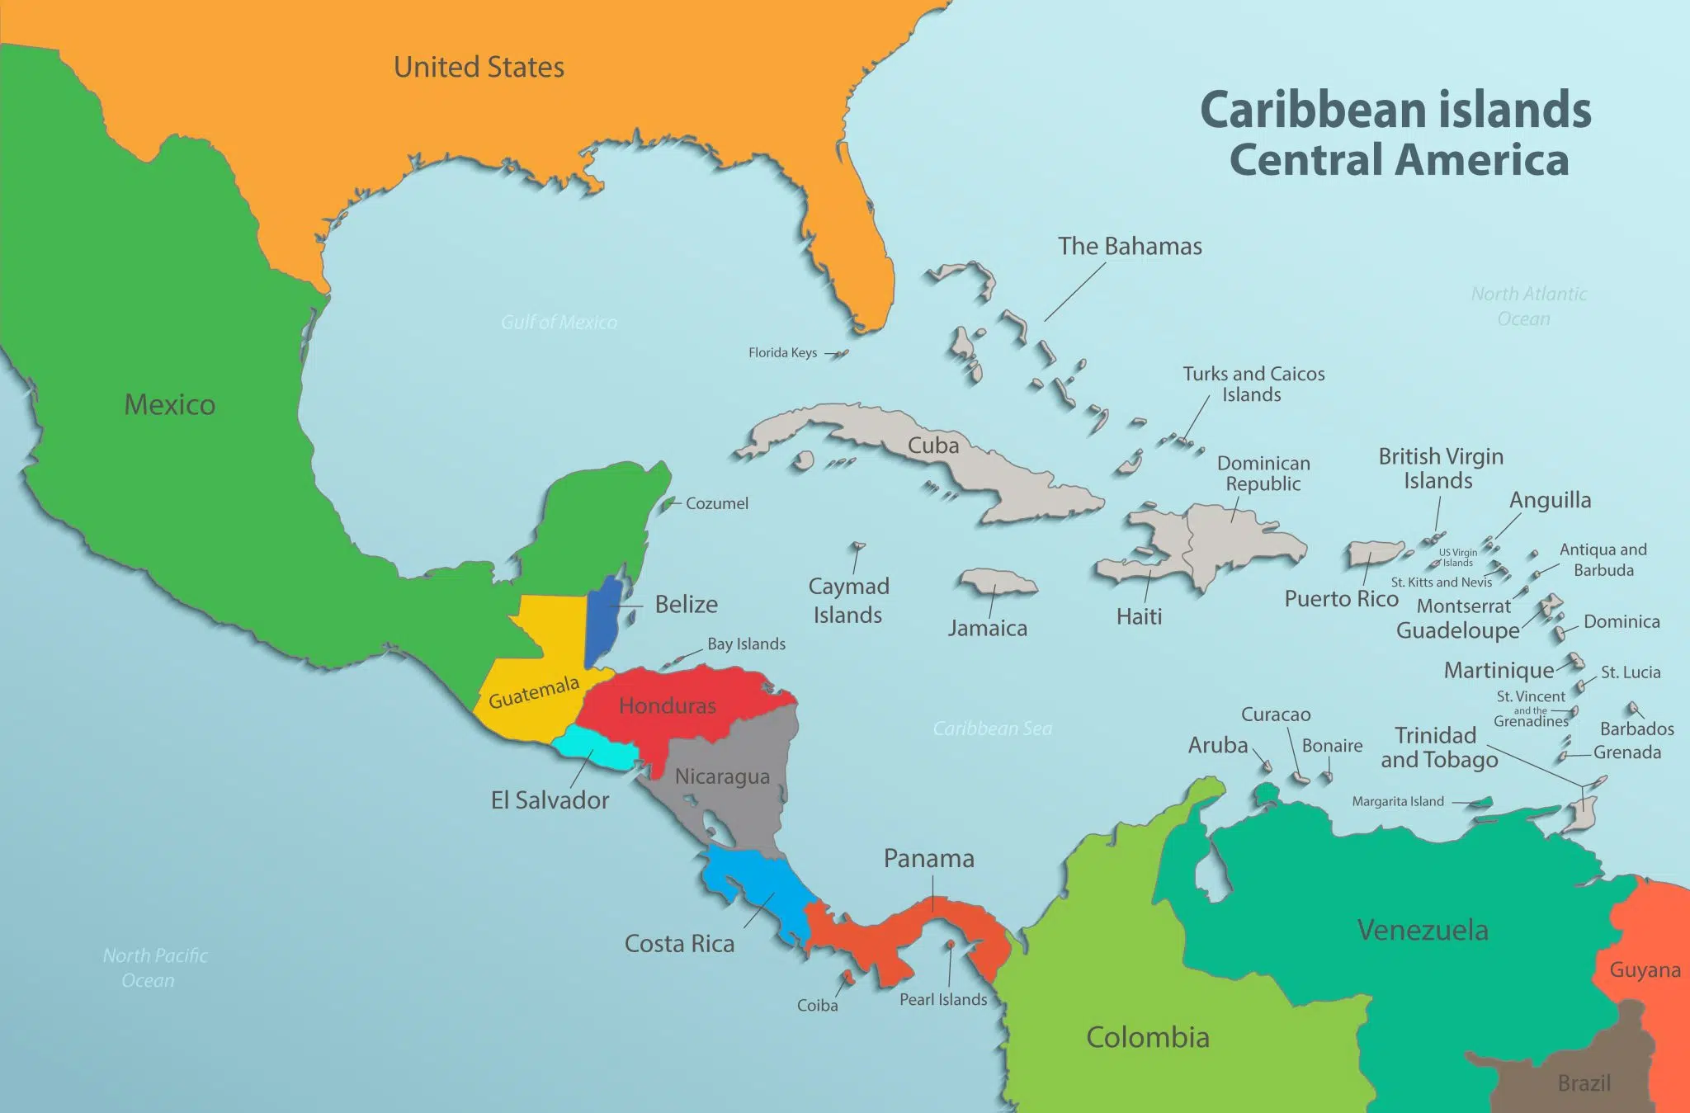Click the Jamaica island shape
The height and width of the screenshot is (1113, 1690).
(997, 581)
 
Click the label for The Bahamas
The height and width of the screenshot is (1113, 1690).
(1130, 246)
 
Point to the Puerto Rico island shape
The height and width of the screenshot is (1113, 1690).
(1374, 553)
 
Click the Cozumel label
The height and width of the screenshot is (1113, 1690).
(716, 503)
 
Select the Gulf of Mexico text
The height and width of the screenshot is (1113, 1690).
(559, 323)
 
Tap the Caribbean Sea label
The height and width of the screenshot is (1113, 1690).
(992, 729)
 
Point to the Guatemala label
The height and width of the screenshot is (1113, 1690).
(534, 693)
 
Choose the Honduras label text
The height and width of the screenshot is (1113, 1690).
(667, 705)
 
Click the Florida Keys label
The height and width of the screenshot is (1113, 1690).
(782, 353)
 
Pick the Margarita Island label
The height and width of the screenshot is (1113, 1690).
(1398, 801)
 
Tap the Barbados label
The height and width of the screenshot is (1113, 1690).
(1636, 729)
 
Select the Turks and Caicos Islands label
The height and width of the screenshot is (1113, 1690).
(1253, 384)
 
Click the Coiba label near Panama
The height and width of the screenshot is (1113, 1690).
(817, 1005)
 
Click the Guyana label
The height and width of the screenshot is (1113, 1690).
(1645, 970)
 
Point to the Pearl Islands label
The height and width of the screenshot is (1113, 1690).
(942, 999)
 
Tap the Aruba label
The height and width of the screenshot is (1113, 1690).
(1217, 745)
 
